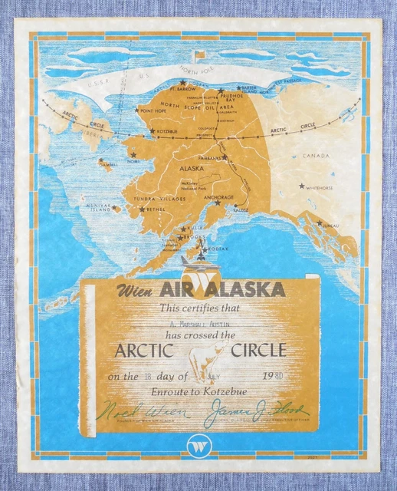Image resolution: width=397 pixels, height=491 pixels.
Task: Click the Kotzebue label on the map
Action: [x=168, y=131]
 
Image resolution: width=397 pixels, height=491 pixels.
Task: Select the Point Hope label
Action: [x=153, y=110]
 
